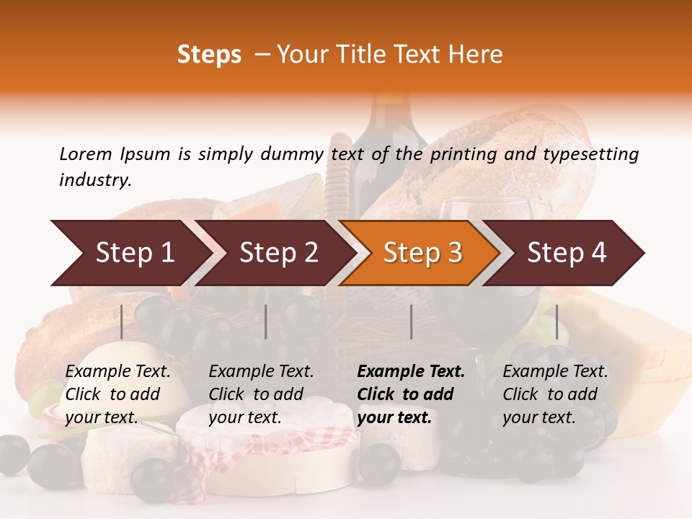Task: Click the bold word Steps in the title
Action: pyautogui.click(x=209, y=55)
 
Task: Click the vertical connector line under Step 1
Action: pyautogui.click(x=122, y=321)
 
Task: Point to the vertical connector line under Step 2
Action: pyautogui.click(x=266, y=321)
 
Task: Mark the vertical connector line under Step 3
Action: pyautogui.click(x=411, y=321)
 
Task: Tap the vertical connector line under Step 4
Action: pyautogui.click(x=556, y=321)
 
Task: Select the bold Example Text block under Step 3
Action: pyautogui.click(x=411, y=394)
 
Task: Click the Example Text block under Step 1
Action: pyautogui.click(x=117, y=394)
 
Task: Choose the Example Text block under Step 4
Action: pyautogui.click(x=555, y=394)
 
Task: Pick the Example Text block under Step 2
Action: pyautogui.click(x=261, y=394)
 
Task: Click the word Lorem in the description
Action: pyautogui.click(x=85, y=154)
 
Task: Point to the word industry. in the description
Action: pyautogui.click(x=95, y=179)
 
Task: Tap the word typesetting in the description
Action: pyautogui.click(x=590, y=154)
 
